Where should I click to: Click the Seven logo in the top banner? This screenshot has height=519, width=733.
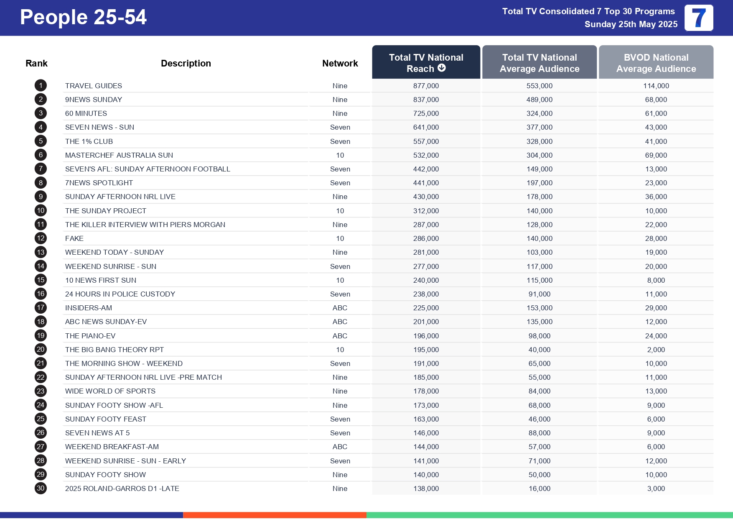point(699,18)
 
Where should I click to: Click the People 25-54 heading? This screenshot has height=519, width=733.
point(83,17)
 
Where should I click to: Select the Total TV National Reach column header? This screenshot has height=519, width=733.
point(426,62)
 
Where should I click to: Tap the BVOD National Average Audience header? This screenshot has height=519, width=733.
point(656,63)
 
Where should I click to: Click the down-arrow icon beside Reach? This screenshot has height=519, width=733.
point(442,68)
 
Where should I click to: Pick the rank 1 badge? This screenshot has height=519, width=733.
point(41,86)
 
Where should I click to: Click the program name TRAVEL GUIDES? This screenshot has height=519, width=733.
point(94,86)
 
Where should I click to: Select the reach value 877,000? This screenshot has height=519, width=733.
point(426,86)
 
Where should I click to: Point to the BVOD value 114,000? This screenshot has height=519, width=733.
point(656,86)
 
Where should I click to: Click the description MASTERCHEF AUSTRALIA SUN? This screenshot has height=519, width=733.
point(119,155)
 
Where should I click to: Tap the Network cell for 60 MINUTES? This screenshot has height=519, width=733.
point(340,113)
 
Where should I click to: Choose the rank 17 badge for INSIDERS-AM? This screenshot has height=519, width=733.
point(41,308)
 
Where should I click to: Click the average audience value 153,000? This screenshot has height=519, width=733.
point(539,308)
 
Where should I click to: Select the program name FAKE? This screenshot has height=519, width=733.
point(74,238)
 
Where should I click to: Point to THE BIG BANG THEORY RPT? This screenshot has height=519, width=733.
point(115,350)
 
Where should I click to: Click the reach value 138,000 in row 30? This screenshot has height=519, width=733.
point(426,488)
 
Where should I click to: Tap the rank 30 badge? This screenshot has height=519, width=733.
point(41,488)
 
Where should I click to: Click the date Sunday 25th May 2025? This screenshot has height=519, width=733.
point(631,24)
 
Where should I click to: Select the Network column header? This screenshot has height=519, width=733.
point(340,63)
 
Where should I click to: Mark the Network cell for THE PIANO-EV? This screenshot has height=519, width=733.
point(340,336)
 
